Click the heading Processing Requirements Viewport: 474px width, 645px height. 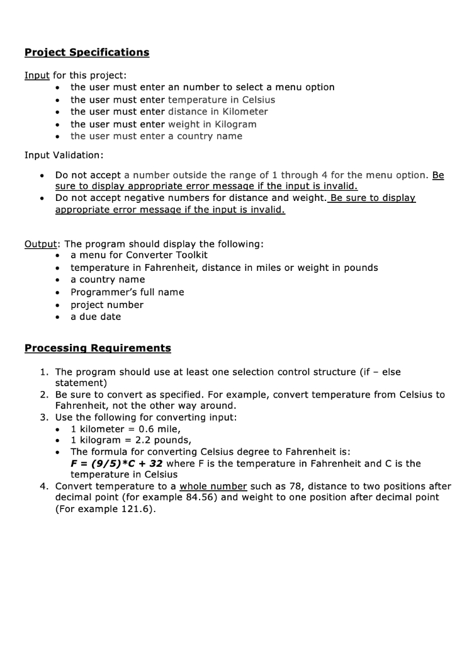coord(98,348)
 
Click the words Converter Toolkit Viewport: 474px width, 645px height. coord(172,255)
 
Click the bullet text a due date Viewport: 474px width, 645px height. coord(96,317)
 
